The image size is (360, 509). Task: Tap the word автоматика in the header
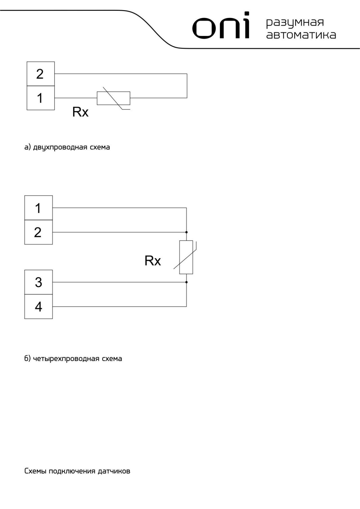pyautogui.click(x=301, y=35)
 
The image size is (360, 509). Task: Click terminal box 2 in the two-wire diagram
pyautogui.click(x=40, y=74)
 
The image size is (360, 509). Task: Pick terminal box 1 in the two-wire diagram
pyautogui.click(x=40, y=98)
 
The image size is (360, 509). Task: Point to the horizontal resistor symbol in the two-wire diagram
pyautogui.click(x=114, y=98)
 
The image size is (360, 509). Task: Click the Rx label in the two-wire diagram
pyautogui.click(x=80, y=112)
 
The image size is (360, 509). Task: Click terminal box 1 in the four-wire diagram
pyautogui.click(x=39, y=208)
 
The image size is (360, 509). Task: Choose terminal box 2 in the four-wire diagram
pyautogui.click(x=39, y=232)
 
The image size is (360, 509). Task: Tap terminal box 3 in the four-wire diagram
pyautogui.click(x=39, y=282)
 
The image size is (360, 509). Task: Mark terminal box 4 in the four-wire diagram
pyautogui.click(x=39, y=307)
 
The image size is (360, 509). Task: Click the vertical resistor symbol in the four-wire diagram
pyautogui.click(x=186, y=257)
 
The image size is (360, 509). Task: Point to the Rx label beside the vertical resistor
pyautogui.click(x=153, y=261)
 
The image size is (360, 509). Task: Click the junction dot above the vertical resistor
pyautogui.click(x=186, y=232)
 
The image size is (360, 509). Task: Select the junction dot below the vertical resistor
pyautogui.click(x=186, y=282)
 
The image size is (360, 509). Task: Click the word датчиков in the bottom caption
pyautogui.click(x=114, y=471)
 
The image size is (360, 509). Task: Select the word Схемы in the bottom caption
pyautogui.click(x=35, y=471)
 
